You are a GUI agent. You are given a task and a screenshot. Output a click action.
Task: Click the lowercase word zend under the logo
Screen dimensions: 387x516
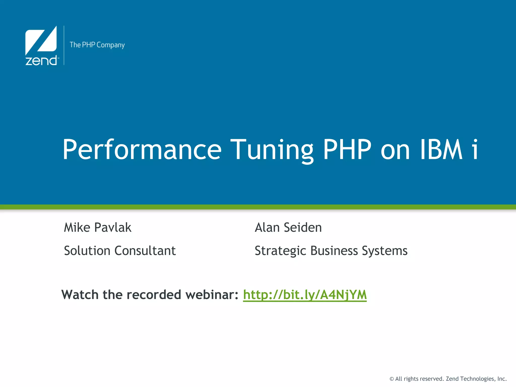(41, 61)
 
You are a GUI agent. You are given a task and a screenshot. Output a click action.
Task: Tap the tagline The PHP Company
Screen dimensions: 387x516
(97, 45)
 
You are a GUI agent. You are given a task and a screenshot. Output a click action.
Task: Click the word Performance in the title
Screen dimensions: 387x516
(142, 150)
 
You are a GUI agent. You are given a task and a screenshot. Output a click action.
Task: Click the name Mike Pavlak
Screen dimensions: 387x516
(98, 228)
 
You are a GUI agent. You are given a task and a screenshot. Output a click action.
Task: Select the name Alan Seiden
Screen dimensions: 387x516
(288, 228)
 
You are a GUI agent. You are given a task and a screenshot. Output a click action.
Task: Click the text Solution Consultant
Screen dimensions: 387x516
(120, 251)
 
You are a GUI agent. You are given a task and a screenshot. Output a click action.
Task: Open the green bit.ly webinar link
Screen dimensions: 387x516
(305, 295)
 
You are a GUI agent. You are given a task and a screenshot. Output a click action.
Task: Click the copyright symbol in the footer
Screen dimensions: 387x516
(392, 379)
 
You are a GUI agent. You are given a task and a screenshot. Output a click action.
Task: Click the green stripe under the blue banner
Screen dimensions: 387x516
(258, 207)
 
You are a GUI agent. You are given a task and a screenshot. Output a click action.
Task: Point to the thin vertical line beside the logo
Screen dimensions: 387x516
(64, 45)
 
